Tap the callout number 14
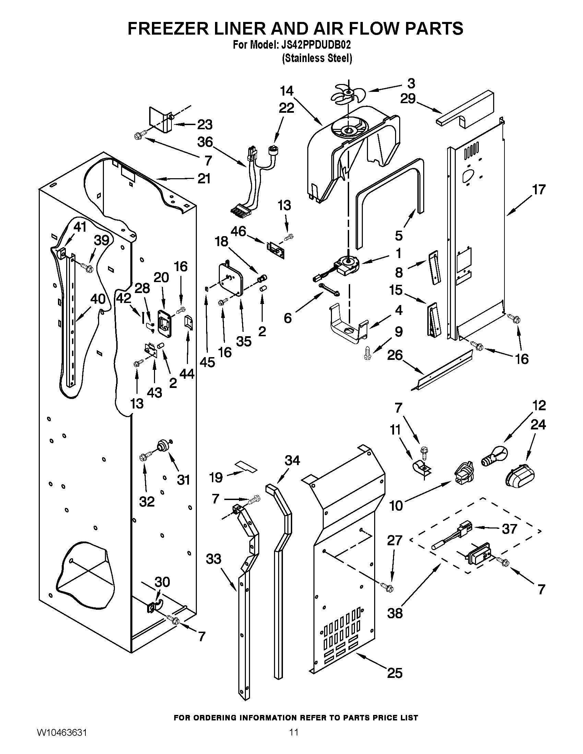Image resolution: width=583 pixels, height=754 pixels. (x=287, y=91)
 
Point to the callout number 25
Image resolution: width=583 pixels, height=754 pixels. (x=395, y=672)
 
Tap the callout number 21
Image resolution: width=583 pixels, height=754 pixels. (x=204, y=179)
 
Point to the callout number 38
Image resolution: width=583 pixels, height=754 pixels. (x=395, y=613)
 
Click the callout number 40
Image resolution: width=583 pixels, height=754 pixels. (x=98, y=299)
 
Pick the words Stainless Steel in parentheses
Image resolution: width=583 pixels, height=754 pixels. (x=317, y=58)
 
